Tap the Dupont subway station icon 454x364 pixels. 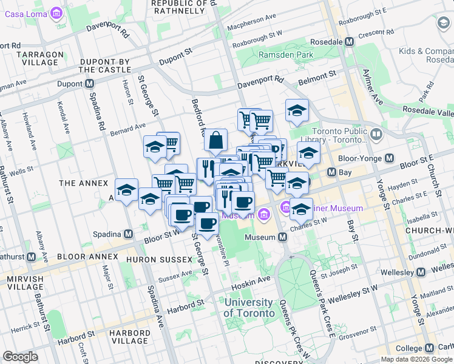89,84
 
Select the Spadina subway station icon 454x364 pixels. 128,234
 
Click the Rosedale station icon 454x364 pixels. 349,42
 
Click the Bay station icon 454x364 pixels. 331,172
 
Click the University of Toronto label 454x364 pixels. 248,308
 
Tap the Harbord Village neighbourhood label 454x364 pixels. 129,337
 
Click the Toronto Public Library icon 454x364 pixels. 376,133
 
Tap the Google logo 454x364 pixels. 21,357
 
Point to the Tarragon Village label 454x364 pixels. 41,58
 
